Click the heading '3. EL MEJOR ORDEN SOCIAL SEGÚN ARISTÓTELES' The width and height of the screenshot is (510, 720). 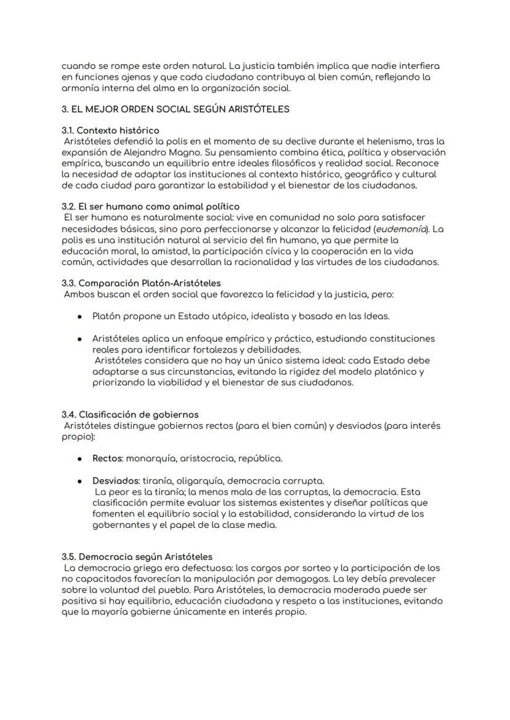coord(176,110)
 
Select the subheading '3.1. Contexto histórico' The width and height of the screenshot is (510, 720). coord(110,131)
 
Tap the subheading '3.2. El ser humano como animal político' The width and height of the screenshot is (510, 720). coord(150,206)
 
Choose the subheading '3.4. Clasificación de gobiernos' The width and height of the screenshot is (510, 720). coord(130,415)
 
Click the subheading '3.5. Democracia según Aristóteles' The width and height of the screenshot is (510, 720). coord(137,557)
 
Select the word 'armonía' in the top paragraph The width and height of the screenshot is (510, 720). coord(81,88)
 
